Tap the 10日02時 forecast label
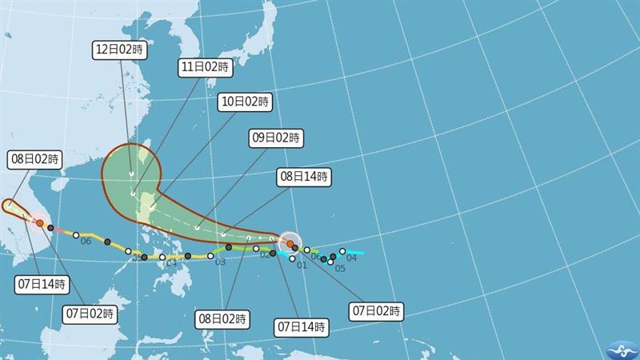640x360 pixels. point(245,102)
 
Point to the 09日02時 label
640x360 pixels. point(276,138)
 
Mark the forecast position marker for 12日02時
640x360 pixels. point(133,194)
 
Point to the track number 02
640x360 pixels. point(264,254)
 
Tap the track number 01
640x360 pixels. point(302,264)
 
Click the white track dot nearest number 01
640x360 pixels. point(293,258)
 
